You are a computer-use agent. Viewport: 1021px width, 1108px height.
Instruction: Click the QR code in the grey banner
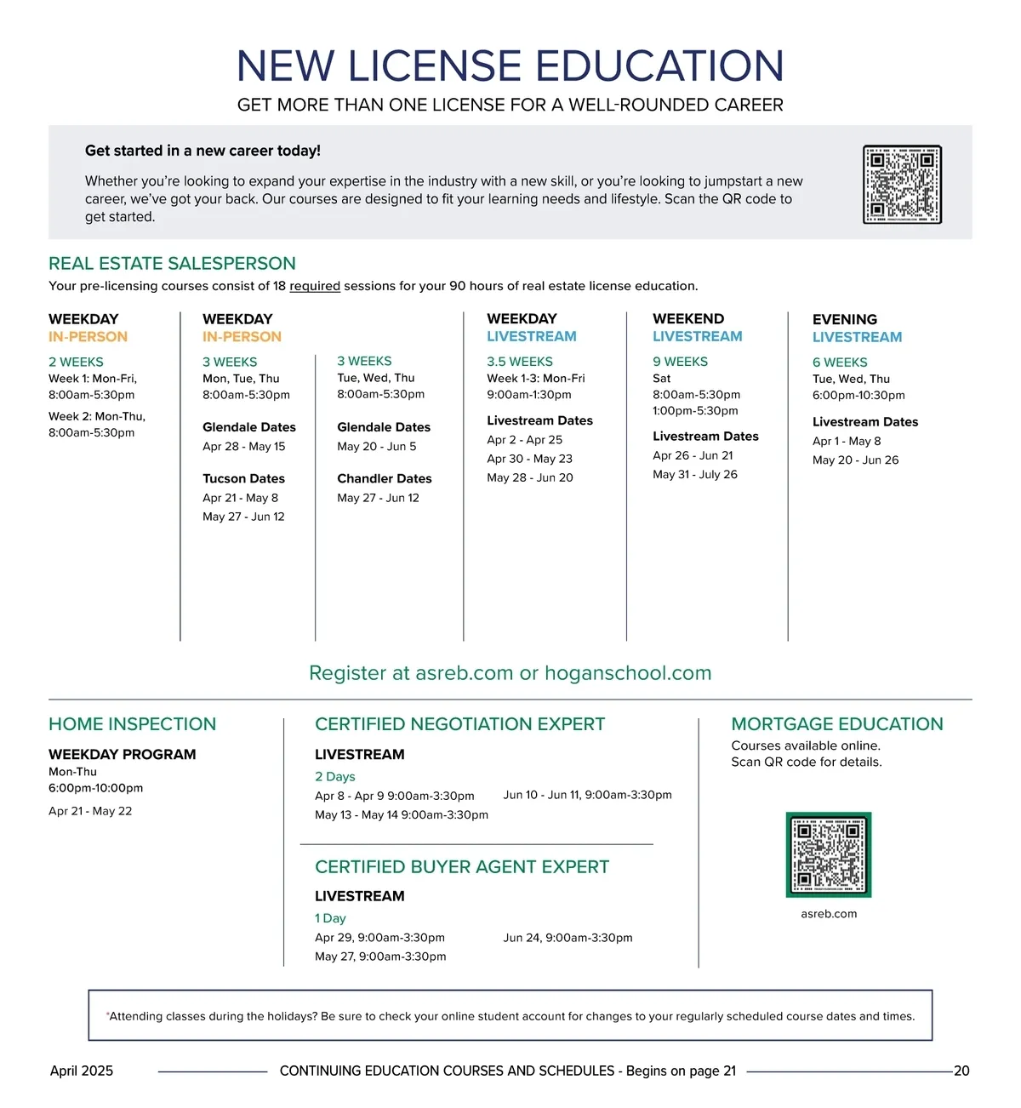tap(902, 184)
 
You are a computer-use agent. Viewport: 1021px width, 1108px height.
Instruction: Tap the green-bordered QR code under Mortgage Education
tap(829, 854)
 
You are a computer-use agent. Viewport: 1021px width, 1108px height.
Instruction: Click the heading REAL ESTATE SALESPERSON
tap(172, 264)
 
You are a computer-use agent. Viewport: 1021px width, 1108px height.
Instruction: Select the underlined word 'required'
tap(315, 286)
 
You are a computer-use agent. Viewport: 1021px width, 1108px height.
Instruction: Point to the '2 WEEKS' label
tap(76, 362)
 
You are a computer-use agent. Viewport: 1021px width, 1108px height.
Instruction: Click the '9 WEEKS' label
tap(680, 362)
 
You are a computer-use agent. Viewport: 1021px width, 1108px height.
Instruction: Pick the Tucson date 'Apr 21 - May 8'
tap(240, 498)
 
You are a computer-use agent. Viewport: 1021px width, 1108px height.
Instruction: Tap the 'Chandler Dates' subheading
tap(384, 478)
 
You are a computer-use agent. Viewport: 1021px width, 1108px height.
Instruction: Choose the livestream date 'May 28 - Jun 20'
tap(529, 477)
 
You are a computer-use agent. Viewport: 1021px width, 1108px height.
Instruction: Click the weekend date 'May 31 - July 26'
tap(694, 474)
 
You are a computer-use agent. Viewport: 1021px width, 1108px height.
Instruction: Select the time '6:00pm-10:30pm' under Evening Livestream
tap(858, 395)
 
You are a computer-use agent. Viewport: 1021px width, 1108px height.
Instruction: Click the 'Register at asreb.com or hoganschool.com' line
tap(510, 673)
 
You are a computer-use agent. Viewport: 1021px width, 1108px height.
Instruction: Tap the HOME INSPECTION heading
tap(132, 724)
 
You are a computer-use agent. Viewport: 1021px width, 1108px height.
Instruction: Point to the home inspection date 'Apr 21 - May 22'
tap(90, 811)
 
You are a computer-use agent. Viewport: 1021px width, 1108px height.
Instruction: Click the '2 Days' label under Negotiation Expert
tap(334, 776)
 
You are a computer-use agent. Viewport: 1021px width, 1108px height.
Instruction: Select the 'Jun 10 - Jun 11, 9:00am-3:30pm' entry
tap(587, 795)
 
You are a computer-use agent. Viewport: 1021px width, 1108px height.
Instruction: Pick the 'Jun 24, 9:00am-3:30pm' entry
tap(568, 938)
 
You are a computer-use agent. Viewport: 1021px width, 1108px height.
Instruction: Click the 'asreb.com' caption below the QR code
tap(829, 914)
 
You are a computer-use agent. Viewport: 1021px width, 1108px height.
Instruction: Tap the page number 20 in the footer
tap(961, 1071)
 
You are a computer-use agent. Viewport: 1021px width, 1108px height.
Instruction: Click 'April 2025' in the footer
tap(82, 1071)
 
